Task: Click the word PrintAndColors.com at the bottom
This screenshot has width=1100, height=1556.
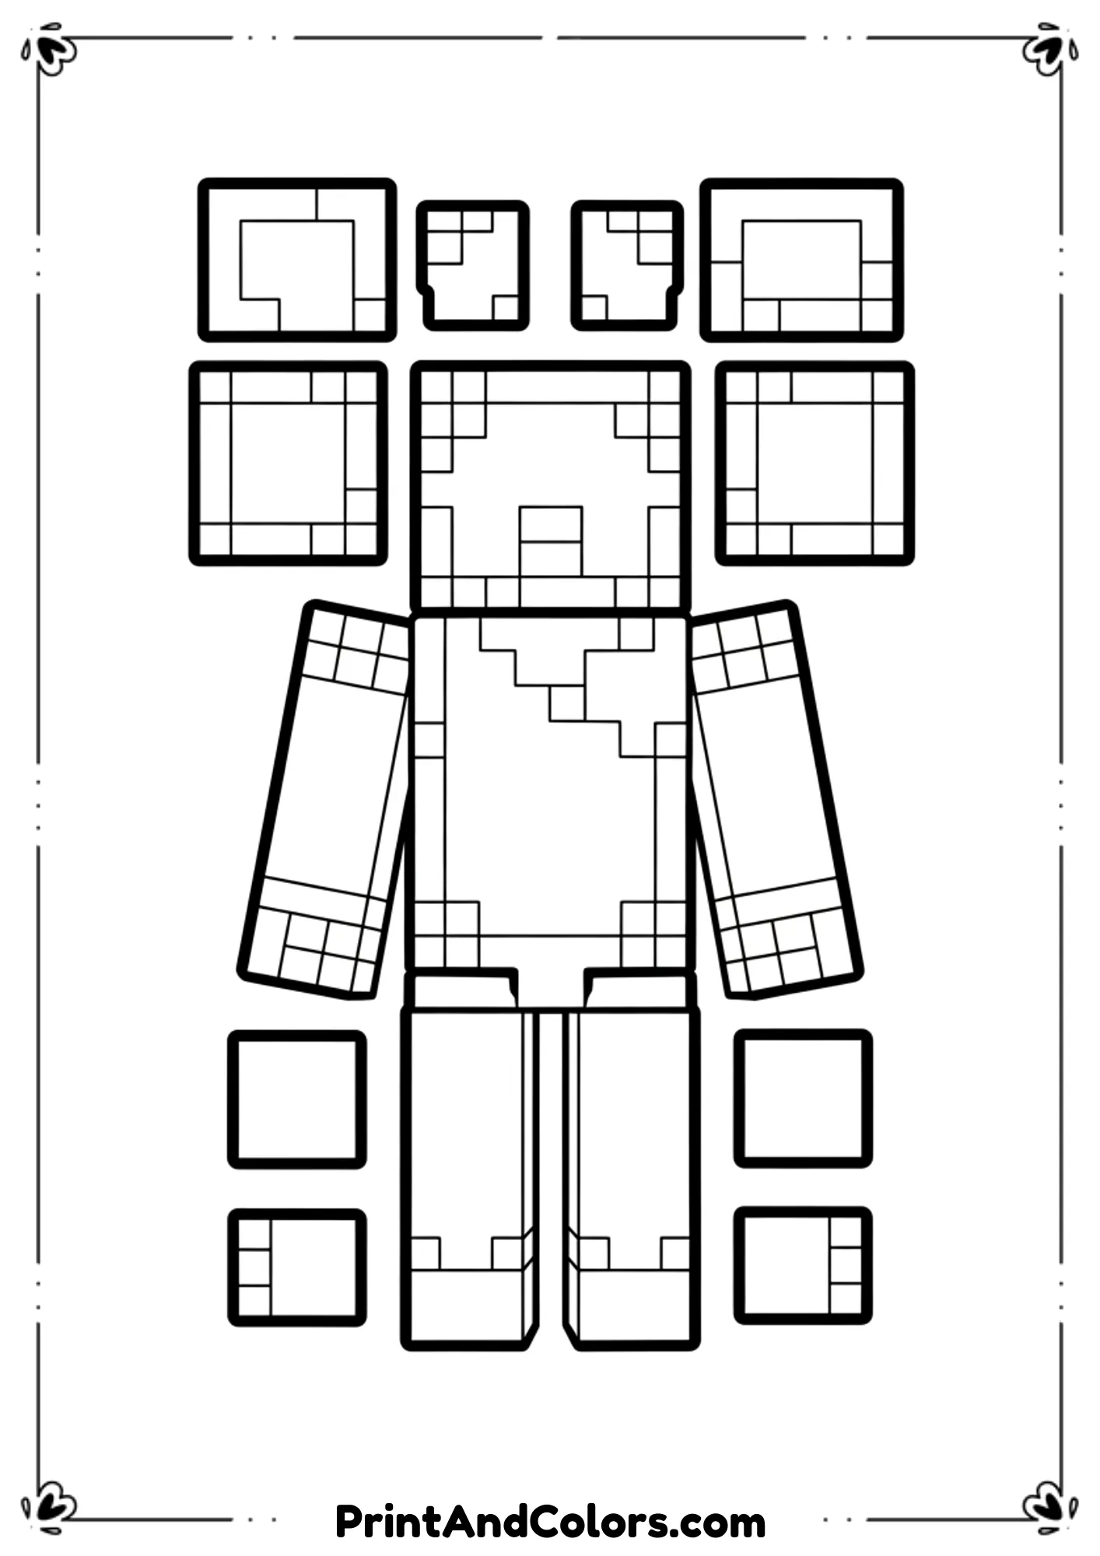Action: [550, 1522]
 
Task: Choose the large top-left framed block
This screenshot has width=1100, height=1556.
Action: [296, 260]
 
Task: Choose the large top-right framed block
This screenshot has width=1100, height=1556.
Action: [801, 260]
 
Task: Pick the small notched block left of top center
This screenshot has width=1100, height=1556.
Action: [472, 265]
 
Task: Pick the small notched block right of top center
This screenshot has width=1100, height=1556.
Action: [627, 265]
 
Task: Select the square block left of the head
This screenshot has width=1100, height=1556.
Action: [288, 463]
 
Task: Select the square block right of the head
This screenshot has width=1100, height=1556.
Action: [814, 463]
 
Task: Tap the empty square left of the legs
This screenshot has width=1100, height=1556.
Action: [296, 1099]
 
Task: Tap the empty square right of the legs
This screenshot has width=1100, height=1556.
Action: [803, 1098]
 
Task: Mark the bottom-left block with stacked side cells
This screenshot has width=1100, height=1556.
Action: [296, 1267]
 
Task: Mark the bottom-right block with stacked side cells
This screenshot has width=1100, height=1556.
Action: [803, 1266]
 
